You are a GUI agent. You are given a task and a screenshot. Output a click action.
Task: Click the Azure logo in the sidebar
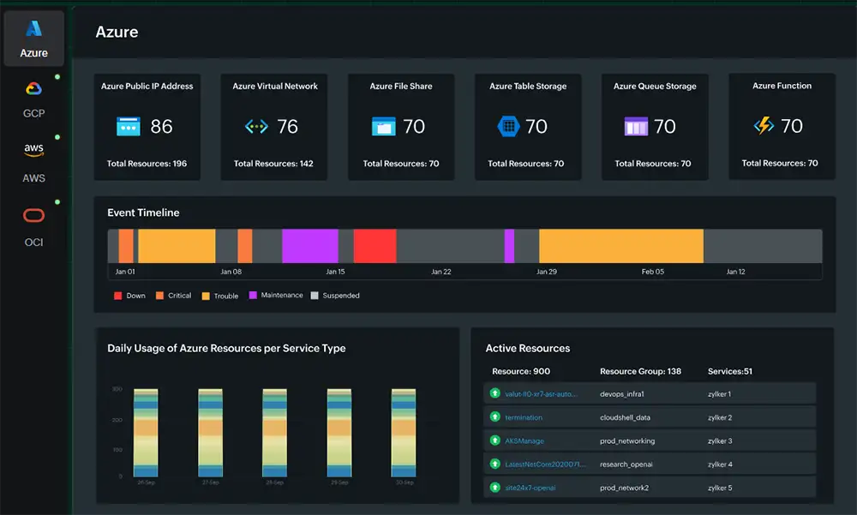(x=33, y=28)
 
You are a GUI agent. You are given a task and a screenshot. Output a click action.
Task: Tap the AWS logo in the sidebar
(x=33, y=150)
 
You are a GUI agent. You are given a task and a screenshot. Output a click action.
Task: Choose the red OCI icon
(x=33, y=215)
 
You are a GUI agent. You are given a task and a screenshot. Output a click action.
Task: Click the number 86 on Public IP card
(x=161, y=127)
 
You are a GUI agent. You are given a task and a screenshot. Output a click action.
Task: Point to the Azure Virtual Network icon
(x=256, y=127)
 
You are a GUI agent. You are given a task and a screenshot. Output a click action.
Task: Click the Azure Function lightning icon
(x=764, y=127)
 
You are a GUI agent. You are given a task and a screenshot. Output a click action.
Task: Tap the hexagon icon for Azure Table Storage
(x=508, y=127)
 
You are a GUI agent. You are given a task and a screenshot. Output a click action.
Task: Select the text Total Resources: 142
(x=273, y=164)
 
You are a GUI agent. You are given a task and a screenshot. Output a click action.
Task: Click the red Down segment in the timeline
(x=375, y=246)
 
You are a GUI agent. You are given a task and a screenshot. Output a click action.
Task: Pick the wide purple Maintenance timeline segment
(x=309, y=246)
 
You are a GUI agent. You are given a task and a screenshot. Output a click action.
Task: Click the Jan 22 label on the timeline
(x=440, y=272)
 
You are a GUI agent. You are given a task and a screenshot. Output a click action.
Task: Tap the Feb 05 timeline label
(x=652, y=272)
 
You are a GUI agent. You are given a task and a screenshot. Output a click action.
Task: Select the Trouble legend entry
(x=225, y=296)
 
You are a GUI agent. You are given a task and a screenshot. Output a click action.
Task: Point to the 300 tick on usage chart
(x=117, y=389)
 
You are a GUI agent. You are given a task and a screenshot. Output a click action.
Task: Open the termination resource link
(x=524, y=417)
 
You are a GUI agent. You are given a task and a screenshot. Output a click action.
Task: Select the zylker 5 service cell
(x=718, y=488)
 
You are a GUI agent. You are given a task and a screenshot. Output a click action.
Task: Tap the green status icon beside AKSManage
(x=494, y=440)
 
